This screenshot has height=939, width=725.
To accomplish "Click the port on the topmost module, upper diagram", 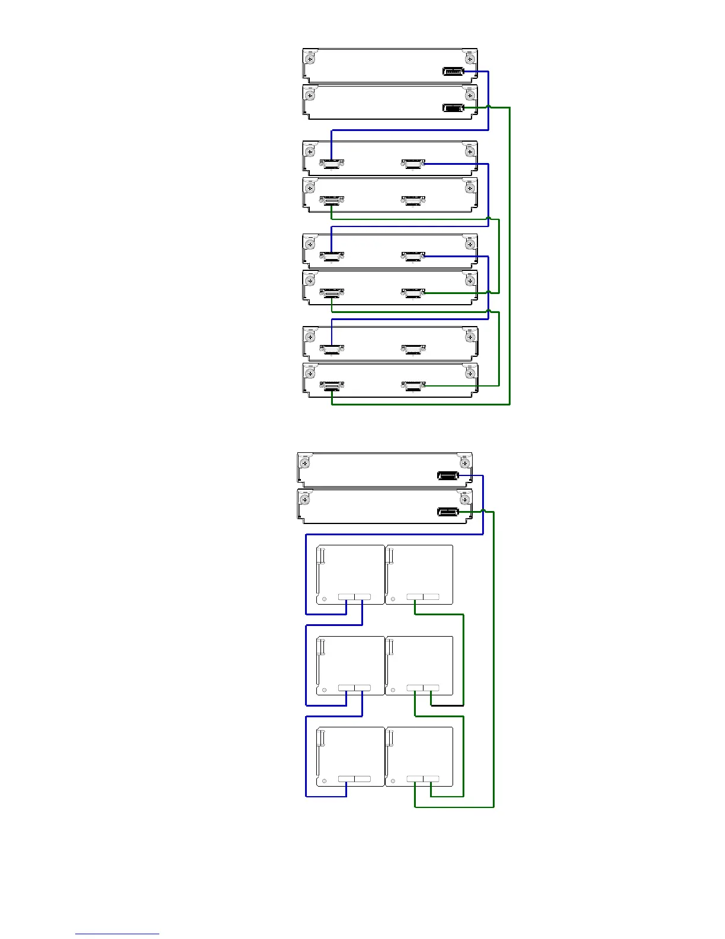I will pyautogui.click(x=453, y=72).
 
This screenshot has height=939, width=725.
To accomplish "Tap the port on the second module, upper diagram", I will pyautogui.click(x=453, y=108).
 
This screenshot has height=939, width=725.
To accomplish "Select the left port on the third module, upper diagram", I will pyautogui.click(x=332, y=164).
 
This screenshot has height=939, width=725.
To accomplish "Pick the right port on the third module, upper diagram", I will pyautogui.click(x=413, y=164).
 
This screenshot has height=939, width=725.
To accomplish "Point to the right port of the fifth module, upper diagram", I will pyautogui.click(x=413, y=256).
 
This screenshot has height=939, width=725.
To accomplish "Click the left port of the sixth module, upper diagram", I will pyautogui.click(x=332, y=293).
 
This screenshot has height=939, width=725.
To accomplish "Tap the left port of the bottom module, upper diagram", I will pyautogui.click(x=332, y=387).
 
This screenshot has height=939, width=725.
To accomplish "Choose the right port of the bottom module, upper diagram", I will pyautogui.click(x=413, y=387).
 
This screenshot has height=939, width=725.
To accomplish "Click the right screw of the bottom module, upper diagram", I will pyautogui.click(x=470, y=374).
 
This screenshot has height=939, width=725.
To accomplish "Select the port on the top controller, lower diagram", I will pyautogui.click(x=448, y=475).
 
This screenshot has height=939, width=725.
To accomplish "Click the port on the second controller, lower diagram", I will pyautogui.click(x=448, y=512).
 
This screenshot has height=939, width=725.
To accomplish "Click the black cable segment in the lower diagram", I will pyautogui.click(x=447, y=705).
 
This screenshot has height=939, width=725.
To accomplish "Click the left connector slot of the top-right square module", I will pyautogui.click(x=415, y=597).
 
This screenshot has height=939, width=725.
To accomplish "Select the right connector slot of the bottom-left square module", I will pyautogui.click(x=362, y=779).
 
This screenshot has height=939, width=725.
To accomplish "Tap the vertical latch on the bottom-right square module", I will pyautogui.click(x=390, y=738).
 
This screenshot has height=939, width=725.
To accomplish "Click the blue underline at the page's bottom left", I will pyautogui.click(x=117, y=934).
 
